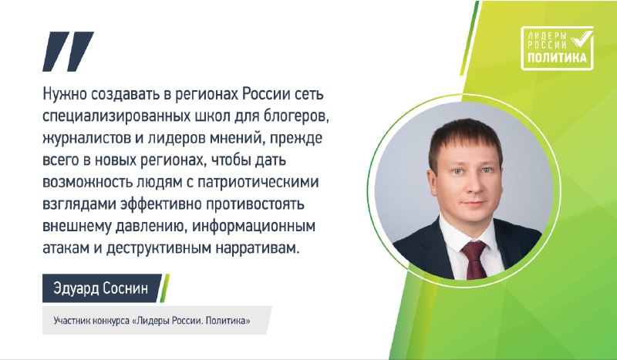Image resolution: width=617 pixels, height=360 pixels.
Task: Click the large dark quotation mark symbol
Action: point(68,51)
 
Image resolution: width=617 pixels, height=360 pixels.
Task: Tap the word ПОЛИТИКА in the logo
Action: point(557,58)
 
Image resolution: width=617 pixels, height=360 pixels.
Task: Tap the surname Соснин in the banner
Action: point(125,288)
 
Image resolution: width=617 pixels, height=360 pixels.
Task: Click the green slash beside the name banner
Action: point(164,288)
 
